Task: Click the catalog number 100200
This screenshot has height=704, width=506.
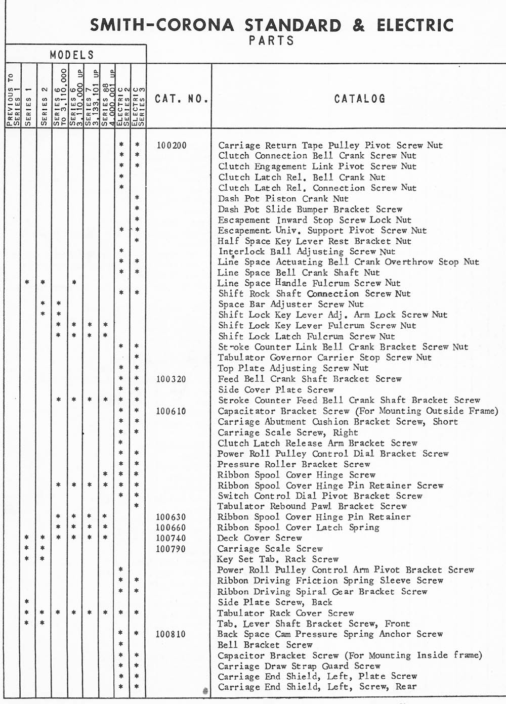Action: click(x=172, y=146)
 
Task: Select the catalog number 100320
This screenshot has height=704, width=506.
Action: click(x=171, y=379)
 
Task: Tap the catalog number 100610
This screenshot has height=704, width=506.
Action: click(x=171, y=411)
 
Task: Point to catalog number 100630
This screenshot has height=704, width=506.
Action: click(x=171, y=517)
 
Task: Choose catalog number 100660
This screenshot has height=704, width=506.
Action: click(x=171, y=528)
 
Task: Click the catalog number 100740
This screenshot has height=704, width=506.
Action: click(x=171, y=539)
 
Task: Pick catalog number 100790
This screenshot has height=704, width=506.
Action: click(x=171, y=549)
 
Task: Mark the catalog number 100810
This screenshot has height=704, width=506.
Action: click(x=171, y=634)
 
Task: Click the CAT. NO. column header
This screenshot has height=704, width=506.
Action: click(x=181, y=99)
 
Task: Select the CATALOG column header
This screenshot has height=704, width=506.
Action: click(x=359, y=99)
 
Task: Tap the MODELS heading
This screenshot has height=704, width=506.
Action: click(x=72, y=55)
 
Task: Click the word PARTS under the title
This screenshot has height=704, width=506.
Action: click(x=272, y=40)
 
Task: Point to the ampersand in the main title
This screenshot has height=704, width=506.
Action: click(x=358, y=25)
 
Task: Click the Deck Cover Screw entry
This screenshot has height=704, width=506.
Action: click(x=260, y=538)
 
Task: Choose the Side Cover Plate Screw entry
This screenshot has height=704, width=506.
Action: click(x=276, y=390)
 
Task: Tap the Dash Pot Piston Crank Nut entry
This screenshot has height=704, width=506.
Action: click(x=283, y=199)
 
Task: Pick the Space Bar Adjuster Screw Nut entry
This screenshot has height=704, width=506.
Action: click(x=291, y=304)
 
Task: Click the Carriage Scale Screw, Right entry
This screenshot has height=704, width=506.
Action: click(x=287, y=432)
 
